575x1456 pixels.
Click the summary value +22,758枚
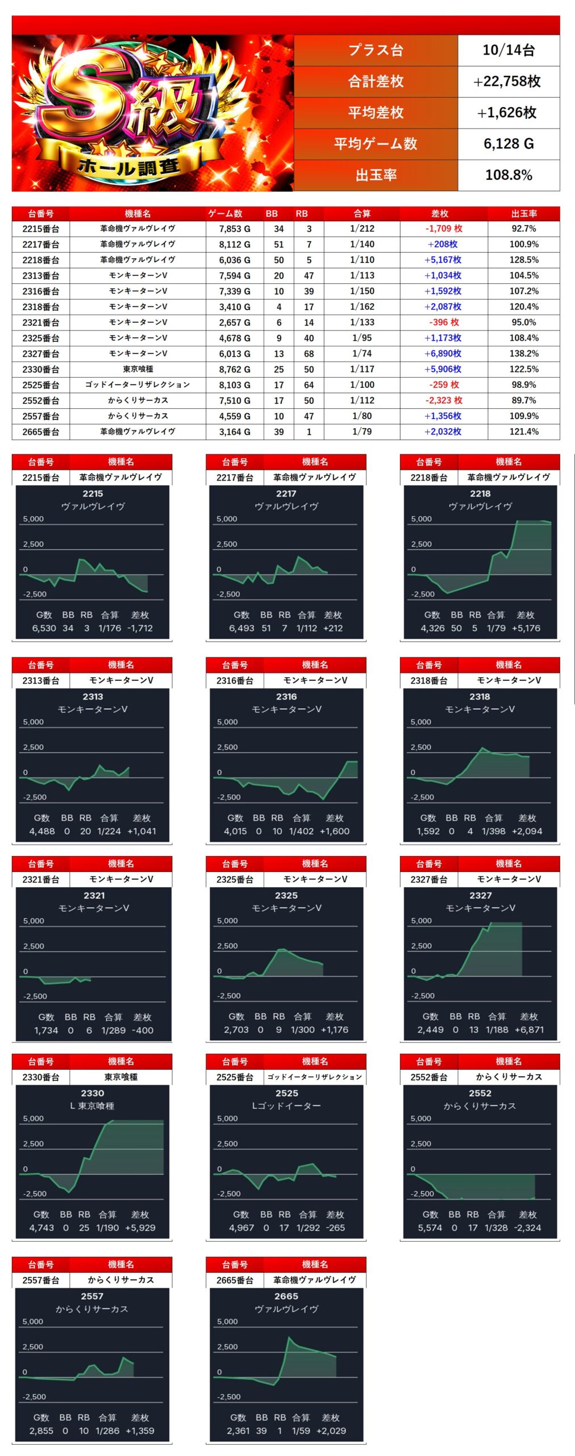[508, 81]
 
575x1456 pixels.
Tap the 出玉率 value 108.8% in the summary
[508, 175]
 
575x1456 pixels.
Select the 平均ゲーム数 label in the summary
[376, 144]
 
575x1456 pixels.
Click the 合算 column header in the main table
[362, 214]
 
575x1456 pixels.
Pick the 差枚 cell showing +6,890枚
[443, 354]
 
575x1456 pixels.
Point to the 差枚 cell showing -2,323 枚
[444, 400]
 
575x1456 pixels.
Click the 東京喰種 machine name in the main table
[138, 369]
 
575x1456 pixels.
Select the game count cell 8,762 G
[235, 369]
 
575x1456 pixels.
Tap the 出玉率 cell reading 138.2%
[523, 354]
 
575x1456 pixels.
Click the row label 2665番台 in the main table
[41, 432]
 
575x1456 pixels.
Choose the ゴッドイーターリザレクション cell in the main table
[138, 385]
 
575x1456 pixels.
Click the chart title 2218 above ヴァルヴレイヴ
[480, 494]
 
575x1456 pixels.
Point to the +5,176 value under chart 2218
[526, 628]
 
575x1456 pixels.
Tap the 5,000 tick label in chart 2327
[421, 921]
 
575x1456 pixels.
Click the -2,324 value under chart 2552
[527, 1228]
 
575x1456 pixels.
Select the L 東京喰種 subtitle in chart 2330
[92, 1106]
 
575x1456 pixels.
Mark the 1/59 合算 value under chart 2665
[301, 1431]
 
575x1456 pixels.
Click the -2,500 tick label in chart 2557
[34, 1397]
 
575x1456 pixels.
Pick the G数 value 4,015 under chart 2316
[235, 832]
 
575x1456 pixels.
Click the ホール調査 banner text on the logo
[130, 167]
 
